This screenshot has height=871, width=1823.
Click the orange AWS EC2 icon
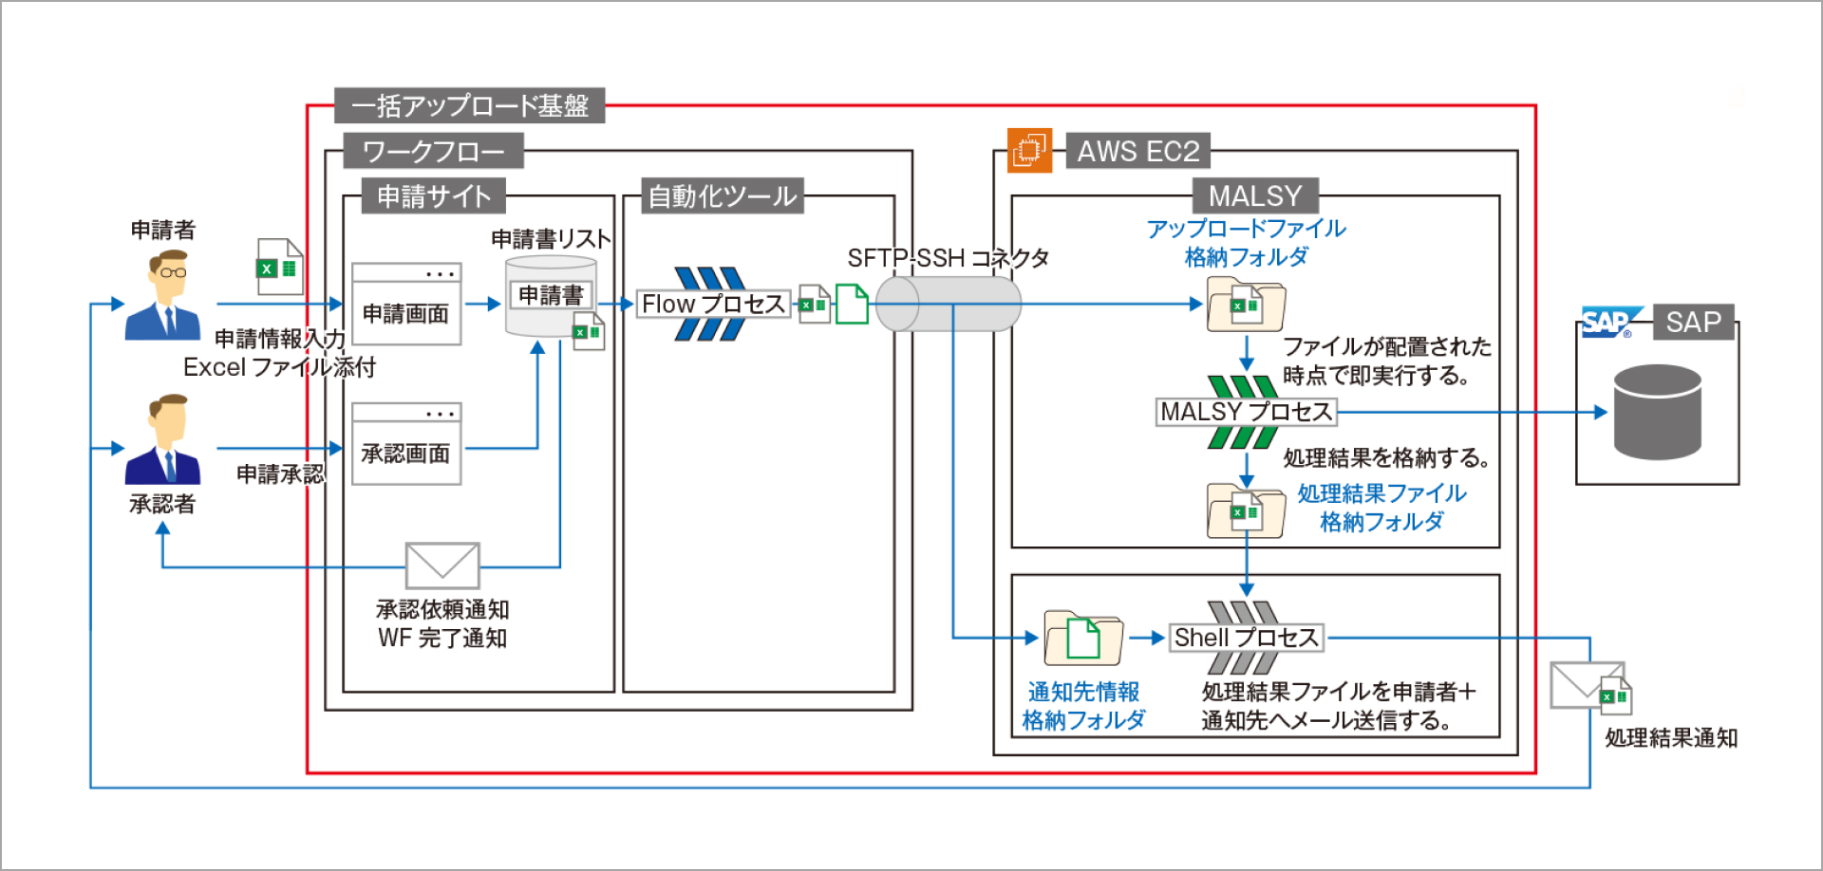coord(1029,150)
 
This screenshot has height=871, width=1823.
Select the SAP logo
coord(1607,323)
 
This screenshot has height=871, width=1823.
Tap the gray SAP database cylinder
coord(1657,412)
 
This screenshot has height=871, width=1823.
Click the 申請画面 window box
coord(406,304)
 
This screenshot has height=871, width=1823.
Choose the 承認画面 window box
coord(406,444)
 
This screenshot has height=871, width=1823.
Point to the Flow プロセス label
coord(713,304)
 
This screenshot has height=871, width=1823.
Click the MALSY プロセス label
coord(1246,412)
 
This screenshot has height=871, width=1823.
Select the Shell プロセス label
coord(1246,638)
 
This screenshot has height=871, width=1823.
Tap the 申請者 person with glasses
coord(163,295)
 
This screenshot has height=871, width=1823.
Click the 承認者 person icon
coord(163,440)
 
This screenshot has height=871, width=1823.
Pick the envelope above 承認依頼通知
coord(442,565)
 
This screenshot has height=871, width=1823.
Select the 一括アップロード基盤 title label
coord(469,105)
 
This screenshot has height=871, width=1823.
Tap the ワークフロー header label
coord(433,151)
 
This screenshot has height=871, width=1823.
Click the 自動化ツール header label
coord(722,196)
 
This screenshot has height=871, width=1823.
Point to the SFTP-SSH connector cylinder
coord(948,304)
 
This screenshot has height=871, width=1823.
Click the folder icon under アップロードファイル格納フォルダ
coord(1246,305)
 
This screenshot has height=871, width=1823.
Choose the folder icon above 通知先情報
coord(1083,638)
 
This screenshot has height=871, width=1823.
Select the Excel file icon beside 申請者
coord(279,267)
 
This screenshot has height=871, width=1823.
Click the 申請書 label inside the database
coord(551,295)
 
